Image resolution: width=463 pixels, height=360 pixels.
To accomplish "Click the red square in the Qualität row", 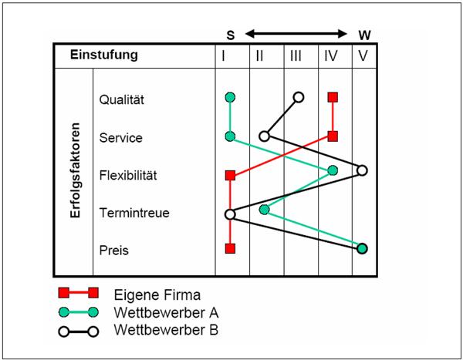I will pyautogui.click(x=333, y=97).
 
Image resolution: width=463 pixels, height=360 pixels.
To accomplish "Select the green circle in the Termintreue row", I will pyautogui.click(x=265, y=209).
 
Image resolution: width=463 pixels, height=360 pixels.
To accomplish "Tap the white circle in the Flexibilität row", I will pyautogui.click(x=362, y=170).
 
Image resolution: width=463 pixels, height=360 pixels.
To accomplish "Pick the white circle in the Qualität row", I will pyautogui.click(x=299, y=97).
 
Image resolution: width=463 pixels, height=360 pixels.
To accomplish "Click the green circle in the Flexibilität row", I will pyautogui.click(x=333, y=170).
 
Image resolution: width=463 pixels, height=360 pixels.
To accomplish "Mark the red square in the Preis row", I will pyautogui.click(x=229, y=248).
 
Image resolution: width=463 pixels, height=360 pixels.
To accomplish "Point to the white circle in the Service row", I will pyautogui.click(x=264, y=136).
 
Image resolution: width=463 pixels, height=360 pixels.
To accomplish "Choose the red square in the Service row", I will pyautogui.click(x=333, y=136).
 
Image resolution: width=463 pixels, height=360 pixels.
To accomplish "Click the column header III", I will pyautogui.click(x=296, y=56).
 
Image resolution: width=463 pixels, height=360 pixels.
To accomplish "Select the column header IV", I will pyautogui.click(x=332, y=56).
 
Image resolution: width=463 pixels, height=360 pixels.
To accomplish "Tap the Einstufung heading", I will pyautogui.click(x=104, y=56).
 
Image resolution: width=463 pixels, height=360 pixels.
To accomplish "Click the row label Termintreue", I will pyautogui.click(x=134, y=213).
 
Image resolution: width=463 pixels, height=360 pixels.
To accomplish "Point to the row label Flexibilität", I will pyautogui.click(x=128, y=175).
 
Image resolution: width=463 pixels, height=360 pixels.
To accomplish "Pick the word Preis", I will pyautogui.click(x=114, y=251).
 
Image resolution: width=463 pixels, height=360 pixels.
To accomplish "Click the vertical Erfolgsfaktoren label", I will pyautogui.click(x=75, y=170).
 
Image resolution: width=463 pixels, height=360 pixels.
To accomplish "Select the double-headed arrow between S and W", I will pyautogui.click(x=297, y=34).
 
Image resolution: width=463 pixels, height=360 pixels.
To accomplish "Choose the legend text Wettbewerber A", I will pyautogui.click(x=166, y=312).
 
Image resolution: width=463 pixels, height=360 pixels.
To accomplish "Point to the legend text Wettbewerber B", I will pyautogui.click(x=166, y=331).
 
